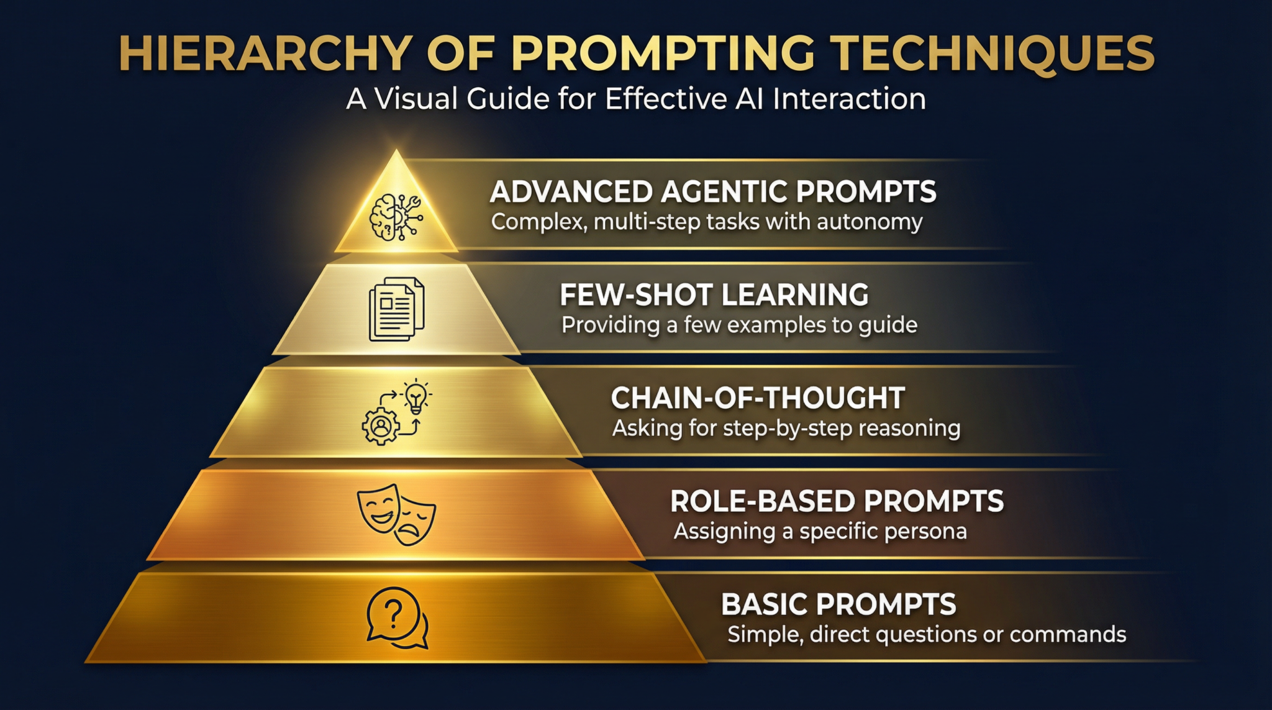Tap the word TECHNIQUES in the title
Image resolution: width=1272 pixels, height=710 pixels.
coord(993,53)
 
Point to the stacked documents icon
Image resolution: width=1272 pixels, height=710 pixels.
coord(396,309)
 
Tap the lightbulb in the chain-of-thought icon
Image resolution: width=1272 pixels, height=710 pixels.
coord(416,396)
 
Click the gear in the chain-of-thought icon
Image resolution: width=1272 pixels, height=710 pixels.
coord(381,426)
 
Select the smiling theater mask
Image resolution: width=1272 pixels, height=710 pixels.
coord(378,507)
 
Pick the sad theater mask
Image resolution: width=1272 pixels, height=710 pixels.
coord(415,522)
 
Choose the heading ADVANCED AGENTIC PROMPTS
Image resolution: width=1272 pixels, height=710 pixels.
coord(712,192)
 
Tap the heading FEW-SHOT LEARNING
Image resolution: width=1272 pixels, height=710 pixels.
coord(714,295)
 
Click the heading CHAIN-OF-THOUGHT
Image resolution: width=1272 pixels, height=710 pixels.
coord(758,398)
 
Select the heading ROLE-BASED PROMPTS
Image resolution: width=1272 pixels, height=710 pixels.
coord(837,501)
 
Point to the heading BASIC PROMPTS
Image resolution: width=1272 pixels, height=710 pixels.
coord(838,604)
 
